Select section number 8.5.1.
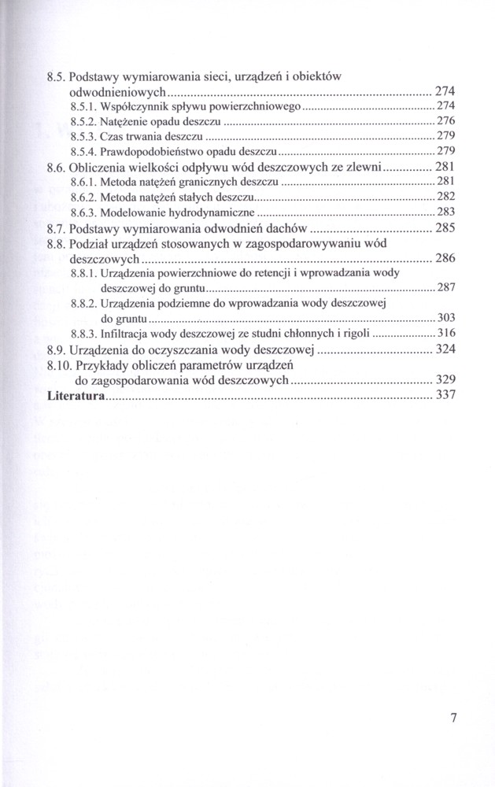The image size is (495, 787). (x=83, y=106)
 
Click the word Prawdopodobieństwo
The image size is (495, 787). (x=144, y=151)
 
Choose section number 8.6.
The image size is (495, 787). (x=57, y=167)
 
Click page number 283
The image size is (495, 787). (x=446, y=212)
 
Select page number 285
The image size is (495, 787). (x=445, y=228)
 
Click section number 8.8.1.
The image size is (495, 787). (x=83, y=274)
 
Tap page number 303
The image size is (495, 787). (x=446, y=318)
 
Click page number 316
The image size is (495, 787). (x=446, y=334)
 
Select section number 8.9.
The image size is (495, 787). (x=57, y=349)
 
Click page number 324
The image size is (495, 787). (x=445, y=349)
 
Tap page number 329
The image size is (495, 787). (x=445, y=380)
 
